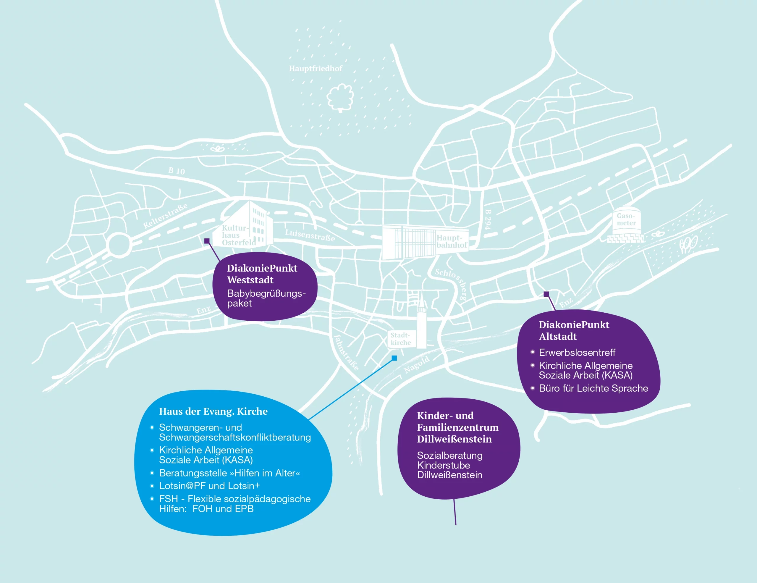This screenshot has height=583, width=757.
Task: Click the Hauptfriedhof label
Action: [x=316, y=69]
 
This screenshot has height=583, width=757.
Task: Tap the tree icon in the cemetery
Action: [x=340, y=97]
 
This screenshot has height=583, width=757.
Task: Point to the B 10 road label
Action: [x=177, y=171]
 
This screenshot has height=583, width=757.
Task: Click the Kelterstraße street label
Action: [x=165, y=216]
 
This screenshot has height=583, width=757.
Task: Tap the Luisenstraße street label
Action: [x=310, y=235]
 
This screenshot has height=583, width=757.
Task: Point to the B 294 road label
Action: [x=488, y=219]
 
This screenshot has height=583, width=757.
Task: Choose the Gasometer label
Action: [x=626, y=219]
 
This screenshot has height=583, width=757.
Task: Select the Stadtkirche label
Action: [x=401, y=339]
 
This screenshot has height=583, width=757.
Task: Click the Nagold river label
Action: [x=417, y=365]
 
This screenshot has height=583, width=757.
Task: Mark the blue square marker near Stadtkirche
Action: [x=394, y=358]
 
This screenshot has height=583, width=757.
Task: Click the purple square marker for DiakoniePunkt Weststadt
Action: [x=207, y=241]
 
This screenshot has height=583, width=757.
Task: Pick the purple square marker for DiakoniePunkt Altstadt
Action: [x=546, y=294]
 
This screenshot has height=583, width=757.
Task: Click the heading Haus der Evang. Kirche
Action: [x=213, y=411]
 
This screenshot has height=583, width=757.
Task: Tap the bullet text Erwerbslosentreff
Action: [x=577, y=353]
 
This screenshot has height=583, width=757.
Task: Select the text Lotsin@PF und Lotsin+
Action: [x=210, y=486]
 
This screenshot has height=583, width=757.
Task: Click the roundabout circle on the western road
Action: [x=119, y=245]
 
